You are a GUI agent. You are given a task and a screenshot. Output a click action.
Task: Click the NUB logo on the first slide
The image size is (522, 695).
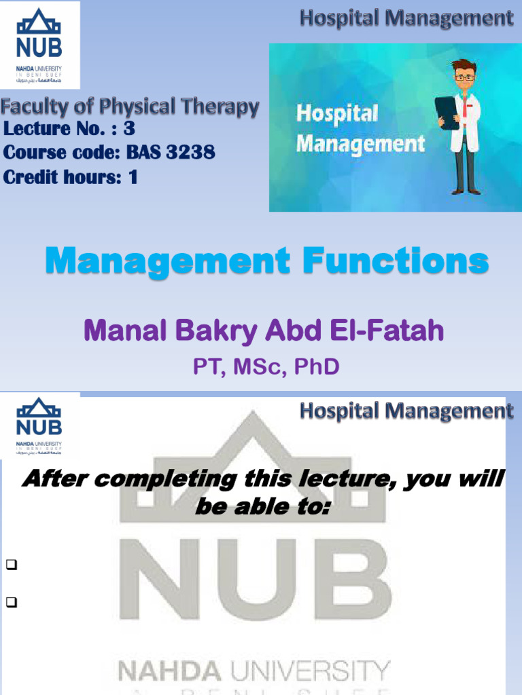(x=39, y=45)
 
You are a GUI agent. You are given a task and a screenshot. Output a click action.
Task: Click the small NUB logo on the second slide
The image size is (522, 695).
(x=39, y=424)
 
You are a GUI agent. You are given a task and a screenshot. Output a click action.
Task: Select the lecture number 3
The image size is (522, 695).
(x=128, y=129)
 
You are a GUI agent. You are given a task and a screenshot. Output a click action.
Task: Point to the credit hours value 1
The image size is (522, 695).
(x=133, y=177)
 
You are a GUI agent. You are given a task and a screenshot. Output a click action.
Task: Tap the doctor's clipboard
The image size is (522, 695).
(x=447, y=113)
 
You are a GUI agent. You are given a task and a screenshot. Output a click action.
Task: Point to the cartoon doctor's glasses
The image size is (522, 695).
(x=464, y=77)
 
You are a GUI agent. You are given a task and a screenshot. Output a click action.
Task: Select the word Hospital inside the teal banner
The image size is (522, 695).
(x=336, y=113)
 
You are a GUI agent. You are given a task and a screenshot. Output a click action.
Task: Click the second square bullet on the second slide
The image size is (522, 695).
(x=10, y=601)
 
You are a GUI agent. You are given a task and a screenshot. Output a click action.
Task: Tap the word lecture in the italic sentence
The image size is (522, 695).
(x=340, y=480)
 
